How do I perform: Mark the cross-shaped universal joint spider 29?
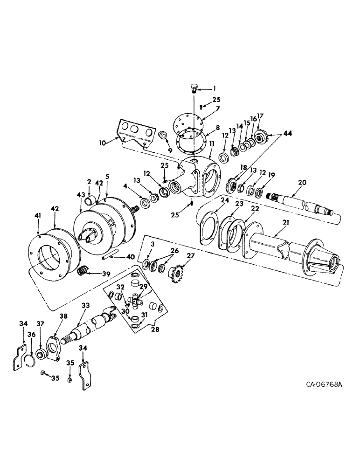coord(137,301)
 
